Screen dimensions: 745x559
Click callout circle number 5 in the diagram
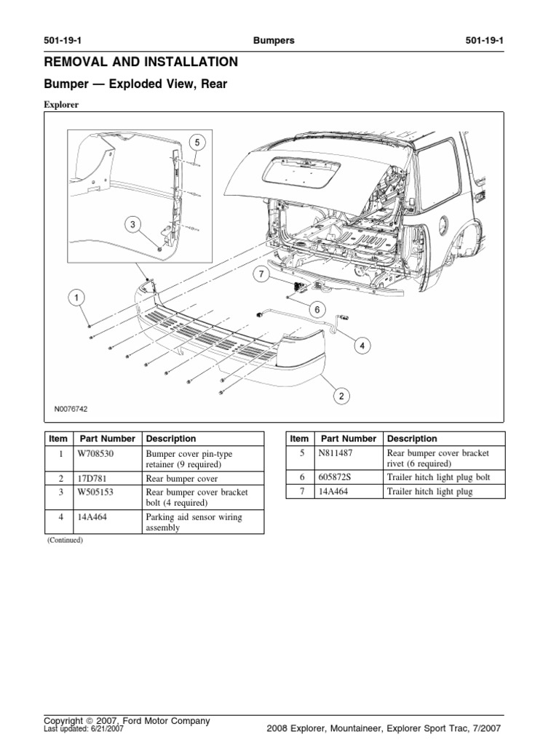click(x=196, y=142)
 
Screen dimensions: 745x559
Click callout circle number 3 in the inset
click(x=133, y=225)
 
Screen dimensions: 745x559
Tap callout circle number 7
click(x=261, y=274)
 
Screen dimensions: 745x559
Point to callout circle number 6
click(x=317, y=309)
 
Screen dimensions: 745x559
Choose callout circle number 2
click(x=340, y=396)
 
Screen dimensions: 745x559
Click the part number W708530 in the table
click(x=94, y=453)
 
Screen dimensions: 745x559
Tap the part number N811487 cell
click(x=335, y=453)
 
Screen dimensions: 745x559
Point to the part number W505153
click(x=95, y=492)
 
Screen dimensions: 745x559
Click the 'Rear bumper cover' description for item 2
click(x=182, y=479)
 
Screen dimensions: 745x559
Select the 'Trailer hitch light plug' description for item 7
click(x=429, y=492)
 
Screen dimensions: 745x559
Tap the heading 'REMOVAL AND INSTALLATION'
click(x=140, y=63)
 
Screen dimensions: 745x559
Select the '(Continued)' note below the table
click(x=66, y=541)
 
